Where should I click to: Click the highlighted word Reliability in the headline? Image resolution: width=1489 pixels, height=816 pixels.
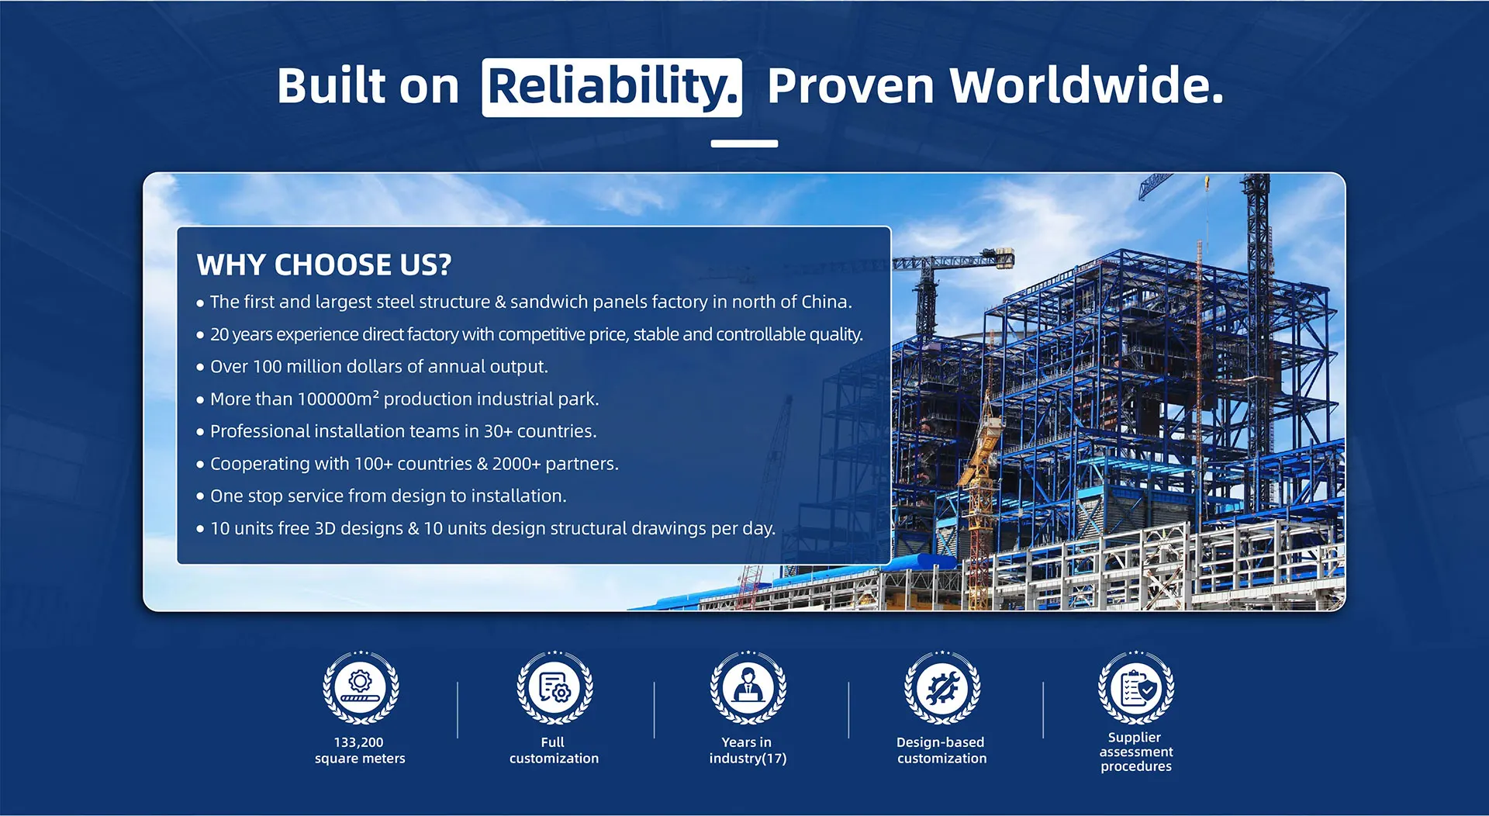tap(612, 87)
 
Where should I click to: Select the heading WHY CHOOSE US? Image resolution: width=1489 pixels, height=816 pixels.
tap(324, 265)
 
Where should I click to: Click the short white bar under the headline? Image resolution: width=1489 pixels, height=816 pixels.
tap(744, 143)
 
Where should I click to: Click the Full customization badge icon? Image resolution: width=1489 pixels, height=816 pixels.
tap(554, 687)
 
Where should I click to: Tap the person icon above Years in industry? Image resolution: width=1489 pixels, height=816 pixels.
tap(748, 687)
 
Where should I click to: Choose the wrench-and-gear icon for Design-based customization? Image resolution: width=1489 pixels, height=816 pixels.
tap(942, 687)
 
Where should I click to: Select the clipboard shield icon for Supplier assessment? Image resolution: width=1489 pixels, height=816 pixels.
tap(1136, 687)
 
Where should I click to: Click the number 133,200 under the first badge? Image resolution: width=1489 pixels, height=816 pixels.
tap(359, 742)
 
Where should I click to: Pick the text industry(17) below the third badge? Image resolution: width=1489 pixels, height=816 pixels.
tap(748, 759)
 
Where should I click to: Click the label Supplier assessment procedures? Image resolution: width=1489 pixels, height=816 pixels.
tap(1136, 752)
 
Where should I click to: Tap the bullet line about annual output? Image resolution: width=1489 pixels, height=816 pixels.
tap(373, 367)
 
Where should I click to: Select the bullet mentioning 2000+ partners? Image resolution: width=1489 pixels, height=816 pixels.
tap(408, 464)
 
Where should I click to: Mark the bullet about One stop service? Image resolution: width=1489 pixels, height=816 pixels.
tap(382, 496)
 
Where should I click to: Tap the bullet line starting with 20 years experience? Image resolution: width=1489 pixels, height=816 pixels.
tap(530, 334)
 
